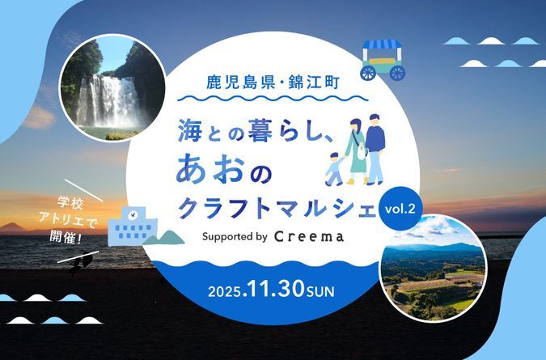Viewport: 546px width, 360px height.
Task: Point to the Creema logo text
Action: [x=310, y=237]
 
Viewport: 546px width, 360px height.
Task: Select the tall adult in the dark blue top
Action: [x=375, y=146]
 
